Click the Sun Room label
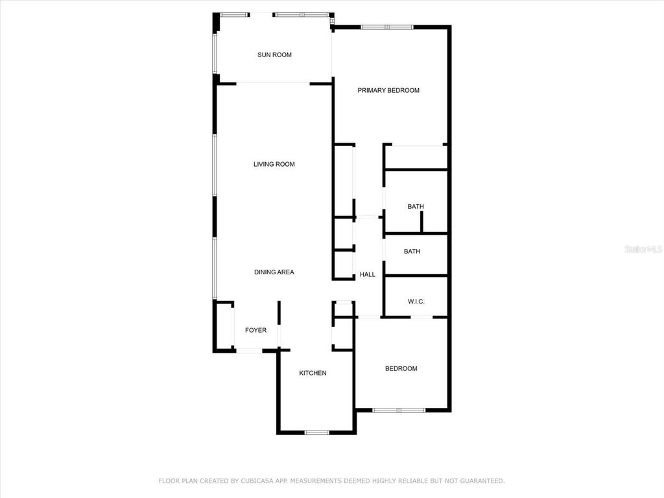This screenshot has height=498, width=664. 274,55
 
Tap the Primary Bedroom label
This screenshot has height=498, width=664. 388,90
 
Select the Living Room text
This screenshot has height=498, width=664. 274,165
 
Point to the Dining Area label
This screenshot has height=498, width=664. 274,272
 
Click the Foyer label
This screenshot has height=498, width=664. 255,331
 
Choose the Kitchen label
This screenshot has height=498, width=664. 313,373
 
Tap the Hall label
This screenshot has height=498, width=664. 368,275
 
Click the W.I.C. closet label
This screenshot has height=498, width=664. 416,302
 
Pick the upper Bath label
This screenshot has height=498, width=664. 416,207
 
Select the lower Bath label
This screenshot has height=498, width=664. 412,252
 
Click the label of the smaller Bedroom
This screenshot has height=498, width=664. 401,369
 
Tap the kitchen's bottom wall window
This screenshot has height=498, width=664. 316,432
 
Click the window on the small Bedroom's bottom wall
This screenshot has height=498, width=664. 399,410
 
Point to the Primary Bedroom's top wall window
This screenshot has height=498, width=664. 386,27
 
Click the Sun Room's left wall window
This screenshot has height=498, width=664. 215,54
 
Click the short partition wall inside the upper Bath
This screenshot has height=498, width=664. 421,221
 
